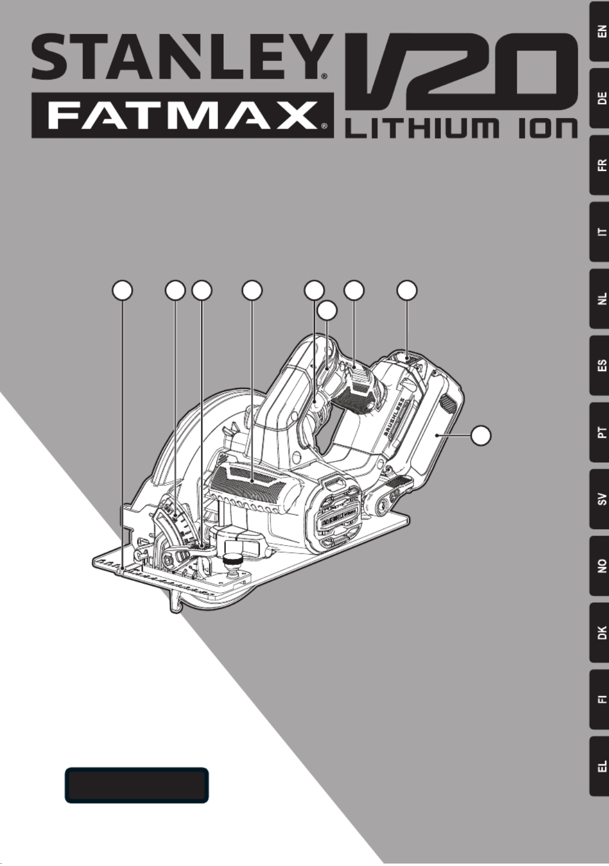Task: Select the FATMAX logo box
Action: pos(182,115)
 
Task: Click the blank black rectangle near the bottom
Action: pos(137,785)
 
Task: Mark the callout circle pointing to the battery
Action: pos(481,435)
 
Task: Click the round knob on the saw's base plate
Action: pos(233,561)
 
